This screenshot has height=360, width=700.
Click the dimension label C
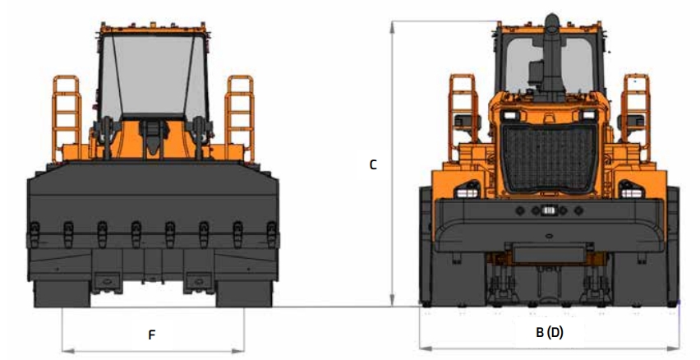pos(373,165)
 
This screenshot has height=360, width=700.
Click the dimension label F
pos(152,335)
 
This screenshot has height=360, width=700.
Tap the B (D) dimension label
pos(550,332)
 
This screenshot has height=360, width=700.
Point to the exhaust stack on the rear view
pos(552,53)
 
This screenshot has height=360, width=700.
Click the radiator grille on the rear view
pos(550,158)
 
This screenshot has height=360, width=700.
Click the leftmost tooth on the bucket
pos(35,233)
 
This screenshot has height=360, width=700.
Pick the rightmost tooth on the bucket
pos(271,233)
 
